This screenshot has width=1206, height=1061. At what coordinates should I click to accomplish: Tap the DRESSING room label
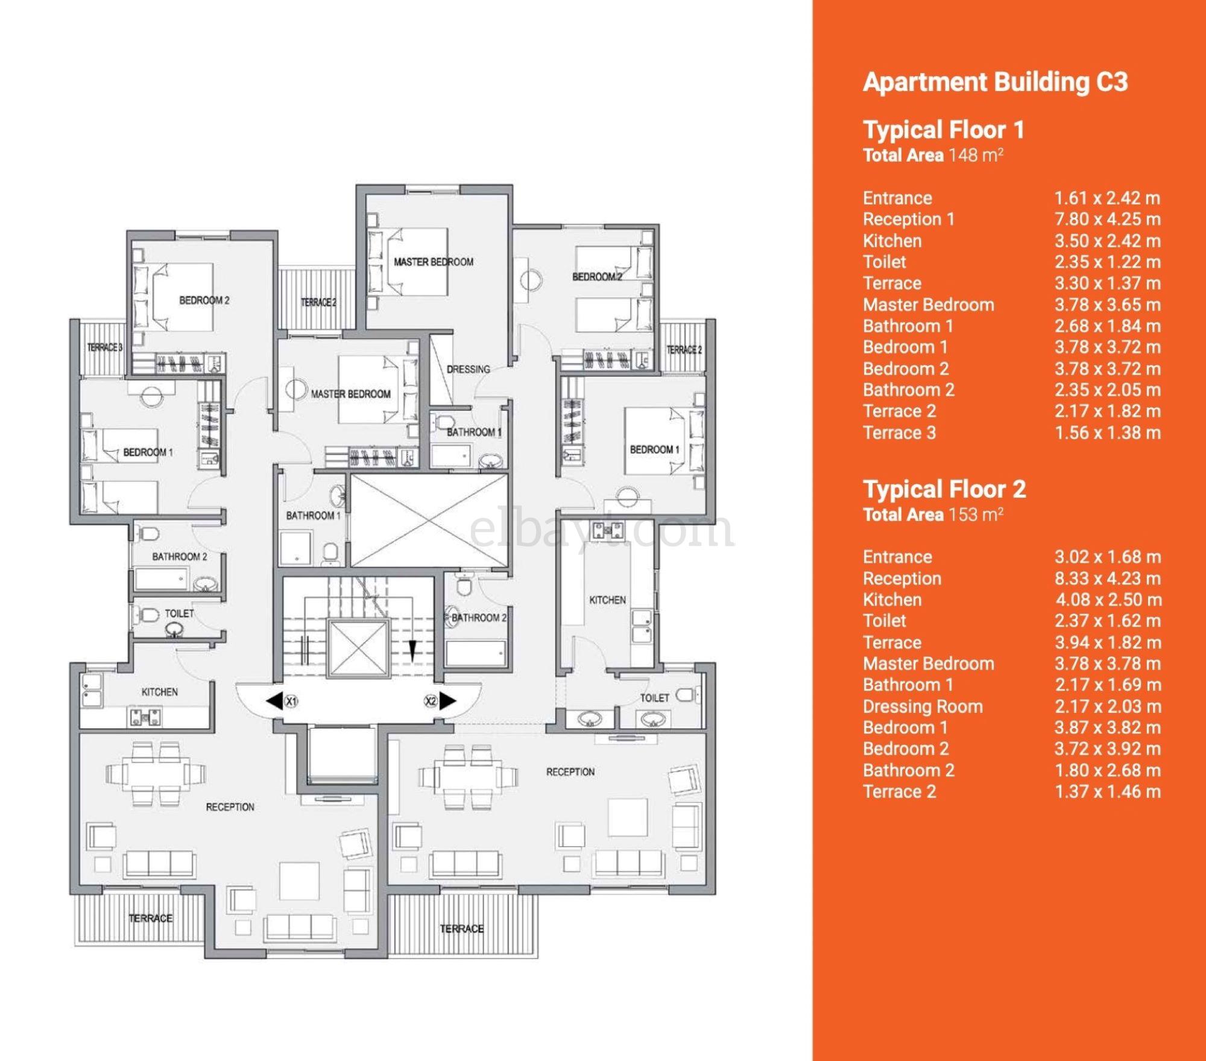468,369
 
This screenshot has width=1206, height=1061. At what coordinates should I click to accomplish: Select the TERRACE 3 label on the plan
104,347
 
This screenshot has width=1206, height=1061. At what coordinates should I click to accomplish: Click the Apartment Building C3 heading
995,82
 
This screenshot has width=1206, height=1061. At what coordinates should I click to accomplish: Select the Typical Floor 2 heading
944,489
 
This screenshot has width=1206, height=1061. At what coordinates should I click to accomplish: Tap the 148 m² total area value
975,155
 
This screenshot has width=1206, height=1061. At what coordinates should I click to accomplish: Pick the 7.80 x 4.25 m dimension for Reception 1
1107,219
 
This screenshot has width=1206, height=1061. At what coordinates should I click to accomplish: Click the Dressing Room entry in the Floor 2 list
923,706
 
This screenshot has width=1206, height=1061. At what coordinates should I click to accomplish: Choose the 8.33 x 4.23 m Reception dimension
1107,578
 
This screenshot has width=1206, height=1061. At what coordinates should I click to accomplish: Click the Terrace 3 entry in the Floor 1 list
899,432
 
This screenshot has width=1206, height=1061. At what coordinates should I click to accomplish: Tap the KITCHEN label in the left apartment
159,692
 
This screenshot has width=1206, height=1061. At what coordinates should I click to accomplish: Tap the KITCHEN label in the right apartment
607,600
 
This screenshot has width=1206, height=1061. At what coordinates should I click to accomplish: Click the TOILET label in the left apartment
179,613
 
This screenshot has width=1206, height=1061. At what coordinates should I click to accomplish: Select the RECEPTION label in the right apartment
570,771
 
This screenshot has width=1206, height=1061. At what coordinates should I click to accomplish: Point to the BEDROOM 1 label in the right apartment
654,449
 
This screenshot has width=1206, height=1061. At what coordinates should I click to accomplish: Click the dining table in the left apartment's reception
156,774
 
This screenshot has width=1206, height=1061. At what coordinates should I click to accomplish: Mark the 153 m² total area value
975,515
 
